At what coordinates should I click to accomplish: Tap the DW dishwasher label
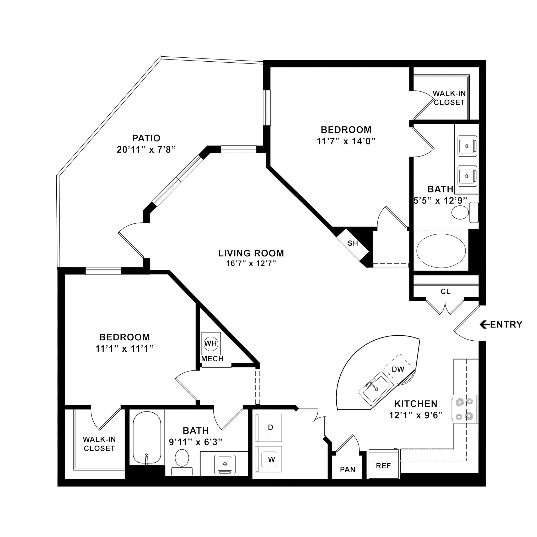coord(398,369)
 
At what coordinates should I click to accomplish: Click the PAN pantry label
coord(347,469)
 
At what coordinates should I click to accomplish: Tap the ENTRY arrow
coord(485,324)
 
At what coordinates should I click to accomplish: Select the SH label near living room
coord(353,243)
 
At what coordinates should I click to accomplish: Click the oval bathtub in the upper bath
coord(441,251)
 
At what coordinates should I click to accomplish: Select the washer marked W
coord(268,459)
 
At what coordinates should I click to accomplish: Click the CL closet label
coord(445,292)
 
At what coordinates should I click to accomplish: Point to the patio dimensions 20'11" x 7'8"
coord(146,150)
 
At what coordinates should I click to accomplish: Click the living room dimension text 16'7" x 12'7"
coord(251,263)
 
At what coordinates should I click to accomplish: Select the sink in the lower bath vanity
coord(225,464)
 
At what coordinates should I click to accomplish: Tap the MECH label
coord(212,359)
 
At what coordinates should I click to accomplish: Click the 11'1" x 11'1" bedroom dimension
coord(124,348)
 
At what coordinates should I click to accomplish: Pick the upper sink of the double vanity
coord(467,145)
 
